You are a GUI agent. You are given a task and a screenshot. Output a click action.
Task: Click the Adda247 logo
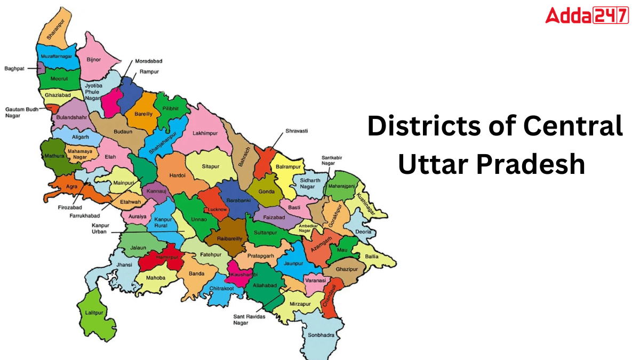[x=587, y=15]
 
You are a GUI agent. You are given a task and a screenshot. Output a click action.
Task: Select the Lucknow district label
[x=218, y=210]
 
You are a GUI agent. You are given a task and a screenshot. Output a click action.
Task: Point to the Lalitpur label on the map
[x=89, y=313]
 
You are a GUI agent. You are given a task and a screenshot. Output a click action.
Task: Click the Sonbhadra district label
[x=321, y=335]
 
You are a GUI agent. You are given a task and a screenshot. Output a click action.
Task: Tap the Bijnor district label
[x=93, y=60]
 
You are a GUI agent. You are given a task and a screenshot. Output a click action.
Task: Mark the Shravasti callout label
[x=297, y=131]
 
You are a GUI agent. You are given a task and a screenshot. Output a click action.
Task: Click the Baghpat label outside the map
[x=14, y=68]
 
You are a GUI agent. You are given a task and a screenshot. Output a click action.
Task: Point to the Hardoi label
[x=177, y=175]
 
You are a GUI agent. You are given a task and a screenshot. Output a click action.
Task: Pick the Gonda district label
[x=266, y=191]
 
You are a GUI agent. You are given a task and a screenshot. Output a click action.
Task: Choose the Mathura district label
[x=52, y=156]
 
